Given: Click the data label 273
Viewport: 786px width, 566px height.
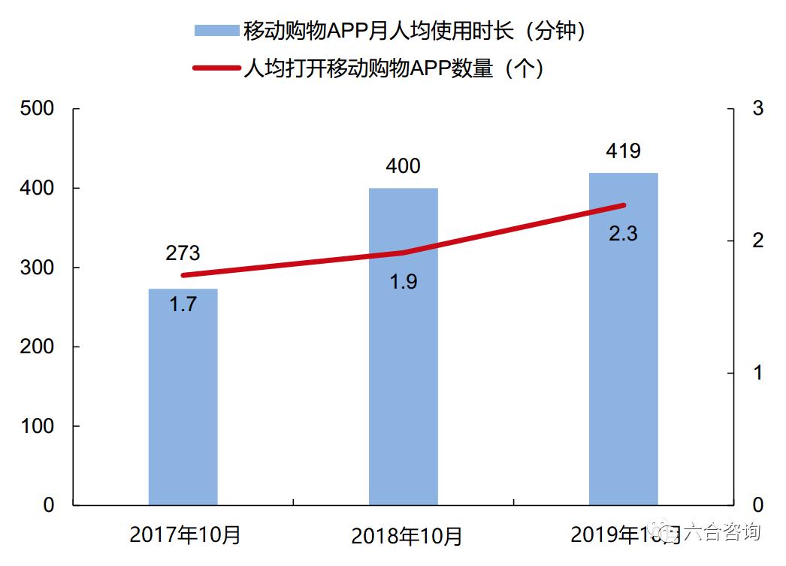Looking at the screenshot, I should tap(183, 253).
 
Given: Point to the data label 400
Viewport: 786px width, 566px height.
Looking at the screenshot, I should tap(403, 166).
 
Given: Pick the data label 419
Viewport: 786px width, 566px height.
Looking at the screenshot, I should tap(623, 151).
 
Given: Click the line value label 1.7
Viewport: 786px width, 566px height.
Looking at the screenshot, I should tap(183, 306).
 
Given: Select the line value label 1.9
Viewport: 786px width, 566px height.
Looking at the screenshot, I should tap(403, 282).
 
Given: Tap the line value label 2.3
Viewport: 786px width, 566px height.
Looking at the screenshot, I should tap(623, 234).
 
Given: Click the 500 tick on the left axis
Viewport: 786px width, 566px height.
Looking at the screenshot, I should tap(38, 109).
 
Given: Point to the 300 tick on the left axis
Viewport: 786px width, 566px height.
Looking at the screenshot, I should tap(38, 268).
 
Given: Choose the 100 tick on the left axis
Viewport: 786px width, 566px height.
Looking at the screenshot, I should tap(38, 426).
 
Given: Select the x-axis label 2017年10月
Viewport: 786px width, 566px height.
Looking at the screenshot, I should tap(186, 535).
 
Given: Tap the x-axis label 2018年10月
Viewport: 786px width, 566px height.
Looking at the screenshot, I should tap(407, 537).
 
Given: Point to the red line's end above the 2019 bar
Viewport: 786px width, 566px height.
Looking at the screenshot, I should tap(623, 205).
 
